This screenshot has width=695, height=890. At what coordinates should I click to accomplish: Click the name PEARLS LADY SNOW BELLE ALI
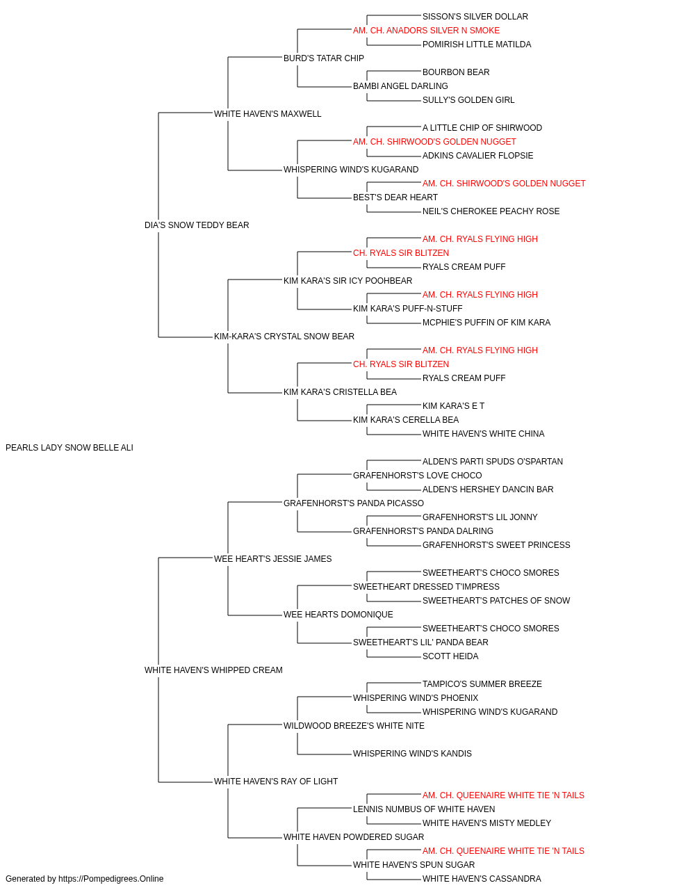pyautogui.click(x=69, y=448)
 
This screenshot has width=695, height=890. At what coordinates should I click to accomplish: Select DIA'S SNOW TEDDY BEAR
pyautogui.click(x=197, y=225)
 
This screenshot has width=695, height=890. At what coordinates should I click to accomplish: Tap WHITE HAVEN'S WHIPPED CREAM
pyautogui.click(x=213, y=670)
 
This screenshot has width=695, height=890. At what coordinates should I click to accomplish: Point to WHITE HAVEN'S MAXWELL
pyautogui.click(x=268, y=114)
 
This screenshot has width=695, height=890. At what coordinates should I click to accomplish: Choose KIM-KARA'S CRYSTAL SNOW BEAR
pyautogui.click(x=284, y=337)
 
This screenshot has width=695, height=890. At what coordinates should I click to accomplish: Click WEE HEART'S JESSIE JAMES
pyautogui.click(x=272, y=558)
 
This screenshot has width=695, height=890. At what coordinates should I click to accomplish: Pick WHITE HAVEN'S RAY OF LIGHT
pyautogui.click(x=275, y=781)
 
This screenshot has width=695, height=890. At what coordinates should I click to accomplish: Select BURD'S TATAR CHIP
pyautogui.click(x=323, y=58)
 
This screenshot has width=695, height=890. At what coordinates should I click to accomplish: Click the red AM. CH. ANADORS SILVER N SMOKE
pyautogui.click(x=426, y=31)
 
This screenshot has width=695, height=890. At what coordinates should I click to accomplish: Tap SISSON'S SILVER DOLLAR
pyautogui.click(x=475, y=17)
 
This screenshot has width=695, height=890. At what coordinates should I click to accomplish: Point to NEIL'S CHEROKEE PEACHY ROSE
pyautogui.click(x=491, y=211)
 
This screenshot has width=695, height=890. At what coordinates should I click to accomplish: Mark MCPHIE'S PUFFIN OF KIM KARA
pyautogui.click(x=486, y=323)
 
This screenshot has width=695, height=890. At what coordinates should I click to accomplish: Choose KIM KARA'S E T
pyautogui.click(x=453, y=406)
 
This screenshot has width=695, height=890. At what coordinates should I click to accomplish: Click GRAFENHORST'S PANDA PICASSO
pyautogui.click(x=354, y=503)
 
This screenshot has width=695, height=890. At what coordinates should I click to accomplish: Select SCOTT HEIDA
pyautogui.click(x=450, y=656)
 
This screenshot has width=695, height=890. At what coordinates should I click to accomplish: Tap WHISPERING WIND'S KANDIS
pyautogui.click(x=412, y=753)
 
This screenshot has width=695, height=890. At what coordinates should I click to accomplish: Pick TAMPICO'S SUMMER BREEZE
pyautogui.click(x=482, y=684)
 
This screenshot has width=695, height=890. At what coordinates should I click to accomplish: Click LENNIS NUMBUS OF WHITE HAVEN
pyautogui.click(x=424, y=809)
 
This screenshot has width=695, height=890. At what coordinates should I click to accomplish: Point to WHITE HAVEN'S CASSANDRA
pyautogui.click(x=482, y=879)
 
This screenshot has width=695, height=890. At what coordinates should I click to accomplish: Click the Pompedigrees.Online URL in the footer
pyautogui.click(x=111, y=879)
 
